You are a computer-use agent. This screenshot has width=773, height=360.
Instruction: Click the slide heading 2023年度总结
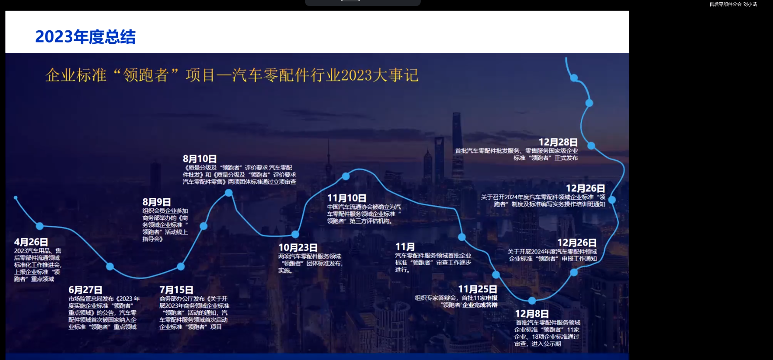point(85,37)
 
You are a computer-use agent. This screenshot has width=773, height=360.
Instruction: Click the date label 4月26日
point(31,242)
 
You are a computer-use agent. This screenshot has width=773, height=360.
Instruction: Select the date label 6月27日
point(85,290)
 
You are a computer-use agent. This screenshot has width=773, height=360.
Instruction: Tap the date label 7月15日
point(176,290)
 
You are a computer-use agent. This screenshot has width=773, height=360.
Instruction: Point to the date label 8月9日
point(156,202)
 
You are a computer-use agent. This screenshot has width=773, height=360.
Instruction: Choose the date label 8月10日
point(199,159)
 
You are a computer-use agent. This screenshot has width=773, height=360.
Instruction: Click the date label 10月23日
point(298,247)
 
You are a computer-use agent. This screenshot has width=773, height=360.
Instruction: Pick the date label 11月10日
point(346,198)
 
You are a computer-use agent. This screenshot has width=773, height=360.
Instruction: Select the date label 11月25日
point(477,289)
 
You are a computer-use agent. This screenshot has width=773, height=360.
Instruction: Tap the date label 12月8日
point(531,314)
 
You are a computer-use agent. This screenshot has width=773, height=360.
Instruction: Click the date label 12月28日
point(558,142)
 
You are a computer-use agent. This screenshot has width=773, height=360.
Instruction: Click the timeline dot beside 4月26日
point(40,226)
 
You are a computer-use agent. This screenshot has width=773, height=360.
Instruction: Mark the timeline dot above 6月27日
point(110,266)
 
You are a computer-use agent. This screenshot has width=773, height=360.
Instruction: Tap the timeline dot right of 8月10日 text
point(229,193)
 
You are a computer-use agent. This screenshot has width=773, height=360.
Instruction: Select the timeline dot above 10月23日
point(295,234)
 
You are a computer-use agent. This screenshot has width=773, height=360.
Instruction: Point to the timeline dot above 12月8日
point(532,301)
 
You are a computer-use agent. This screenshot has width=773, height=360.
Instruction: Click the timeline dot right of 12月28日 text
point(591,146)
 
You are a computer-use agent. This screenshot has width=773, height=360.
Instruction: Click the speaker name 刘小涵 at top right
point(750,4)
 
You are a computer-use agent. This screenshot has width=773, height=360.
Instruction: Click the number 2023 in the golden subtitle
point(356,75)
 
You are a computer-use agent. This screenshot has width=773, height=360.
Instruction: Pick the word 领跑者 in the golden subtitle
point(146,75)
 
